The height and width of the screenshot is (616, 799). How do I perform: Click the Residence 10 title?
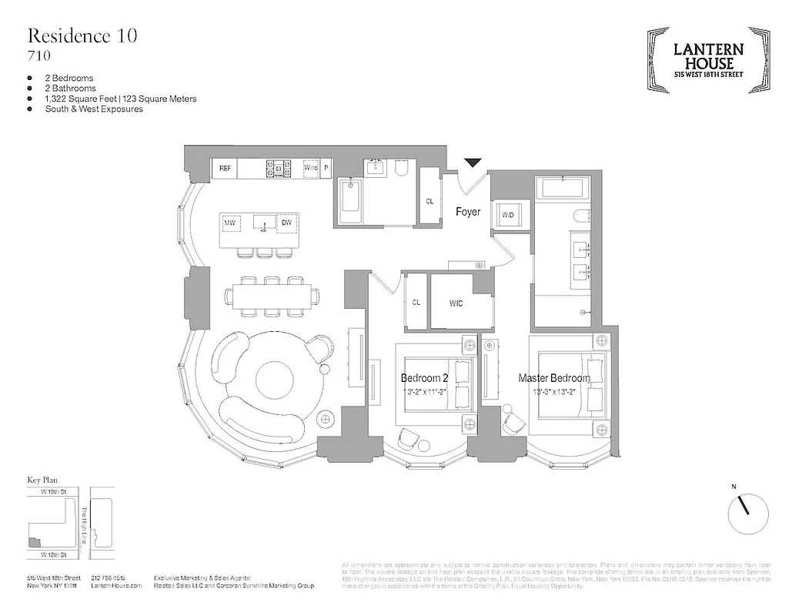point(82,36)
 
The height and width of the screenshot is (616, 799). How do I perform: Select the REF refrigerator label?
point(225,167)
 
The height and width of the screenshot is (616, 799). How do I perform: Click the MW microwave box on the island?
point(229,223)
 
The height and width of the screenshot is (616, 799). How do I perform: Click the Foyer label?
point(468,211)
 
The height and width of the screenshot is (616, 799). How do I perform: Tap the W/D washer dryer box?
point(509,214)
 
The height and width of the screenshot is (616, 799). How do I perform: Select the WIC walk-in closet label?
point(456,303)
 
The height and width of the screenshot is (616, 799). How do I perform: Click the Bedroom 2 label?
point(424,378)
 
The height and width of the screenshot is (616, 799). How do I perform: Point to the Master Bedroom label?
point(554,378)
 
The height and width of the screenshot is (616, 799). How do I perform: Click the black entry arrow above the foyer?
point(473,162)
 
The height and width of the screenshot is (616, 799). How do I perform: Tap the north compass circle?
point(747,509)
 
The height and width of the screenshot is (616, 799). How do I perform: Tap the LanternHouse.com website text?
point(116,586)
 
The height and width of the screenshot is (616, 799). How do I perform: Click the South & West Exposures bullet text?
point(94,109)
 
